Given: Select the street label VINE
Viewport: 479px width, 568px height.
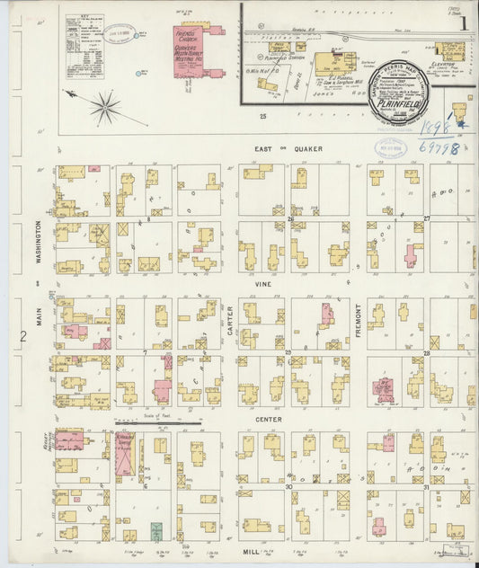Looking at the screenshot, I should [263, 283].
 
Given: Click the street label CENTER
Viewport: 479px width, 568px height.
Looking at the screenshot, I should [267, 419].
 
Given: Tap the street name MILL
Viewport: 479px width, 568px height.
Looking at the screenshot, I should [251, 552].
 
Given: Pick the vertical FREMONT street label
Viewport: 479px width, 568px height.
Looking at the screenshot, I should [357, 318].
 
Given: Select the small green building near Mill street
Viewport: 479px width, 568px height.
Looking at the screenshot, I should [156, 531].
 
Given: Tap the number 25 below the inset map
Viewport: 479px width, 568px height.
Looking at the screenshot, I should [263, 116].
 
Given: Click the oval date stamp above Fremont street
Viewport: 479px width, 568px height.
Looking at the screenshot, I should [388, 148].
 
